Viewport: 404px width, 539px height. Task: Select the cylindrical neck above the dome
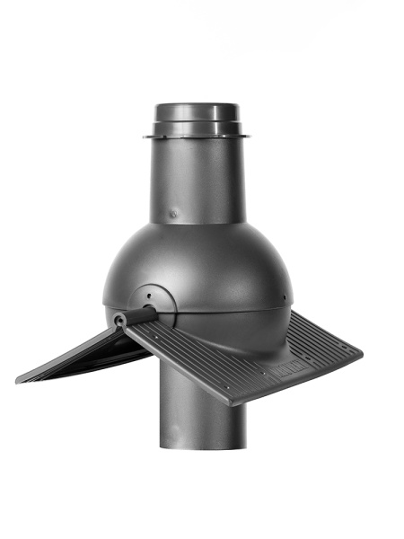(198, 180)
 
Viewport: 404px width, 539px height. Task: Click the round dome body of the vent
(215, 269)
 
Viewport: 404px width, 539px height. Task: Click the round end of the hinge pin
(119, 319)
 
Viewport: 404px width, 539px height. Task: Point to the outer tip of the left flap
(20, 379)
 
